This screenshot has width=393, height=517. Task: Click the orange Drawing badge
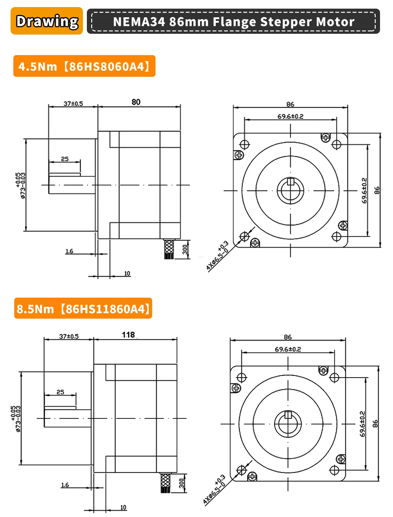[x=47, y=21]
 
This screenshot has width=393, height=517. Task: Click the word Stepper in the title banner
[x=287, y=22]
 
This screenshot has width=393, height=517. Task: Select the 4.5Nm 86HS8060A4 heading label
[x=84, y=66]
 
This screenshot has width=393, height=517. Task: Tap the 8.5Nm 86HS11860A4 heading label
[x=83, y=308]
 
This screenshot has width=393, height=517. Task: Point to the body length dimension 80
[x=136, y=102]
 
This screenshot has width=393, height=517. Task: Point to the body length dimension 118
[x=129, y=335]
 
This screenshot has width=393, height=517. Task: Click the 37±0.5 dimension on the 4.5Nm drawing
[x=73, y=104]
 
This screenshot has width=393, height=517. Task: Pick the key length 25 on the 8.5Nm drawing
[x=60, y=392]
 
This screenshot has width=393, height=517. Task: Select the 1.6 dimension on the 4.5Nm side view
[x=69, y=251]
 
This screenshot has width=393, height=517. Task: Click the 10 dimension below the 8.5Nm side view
[x=123, y=507]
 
